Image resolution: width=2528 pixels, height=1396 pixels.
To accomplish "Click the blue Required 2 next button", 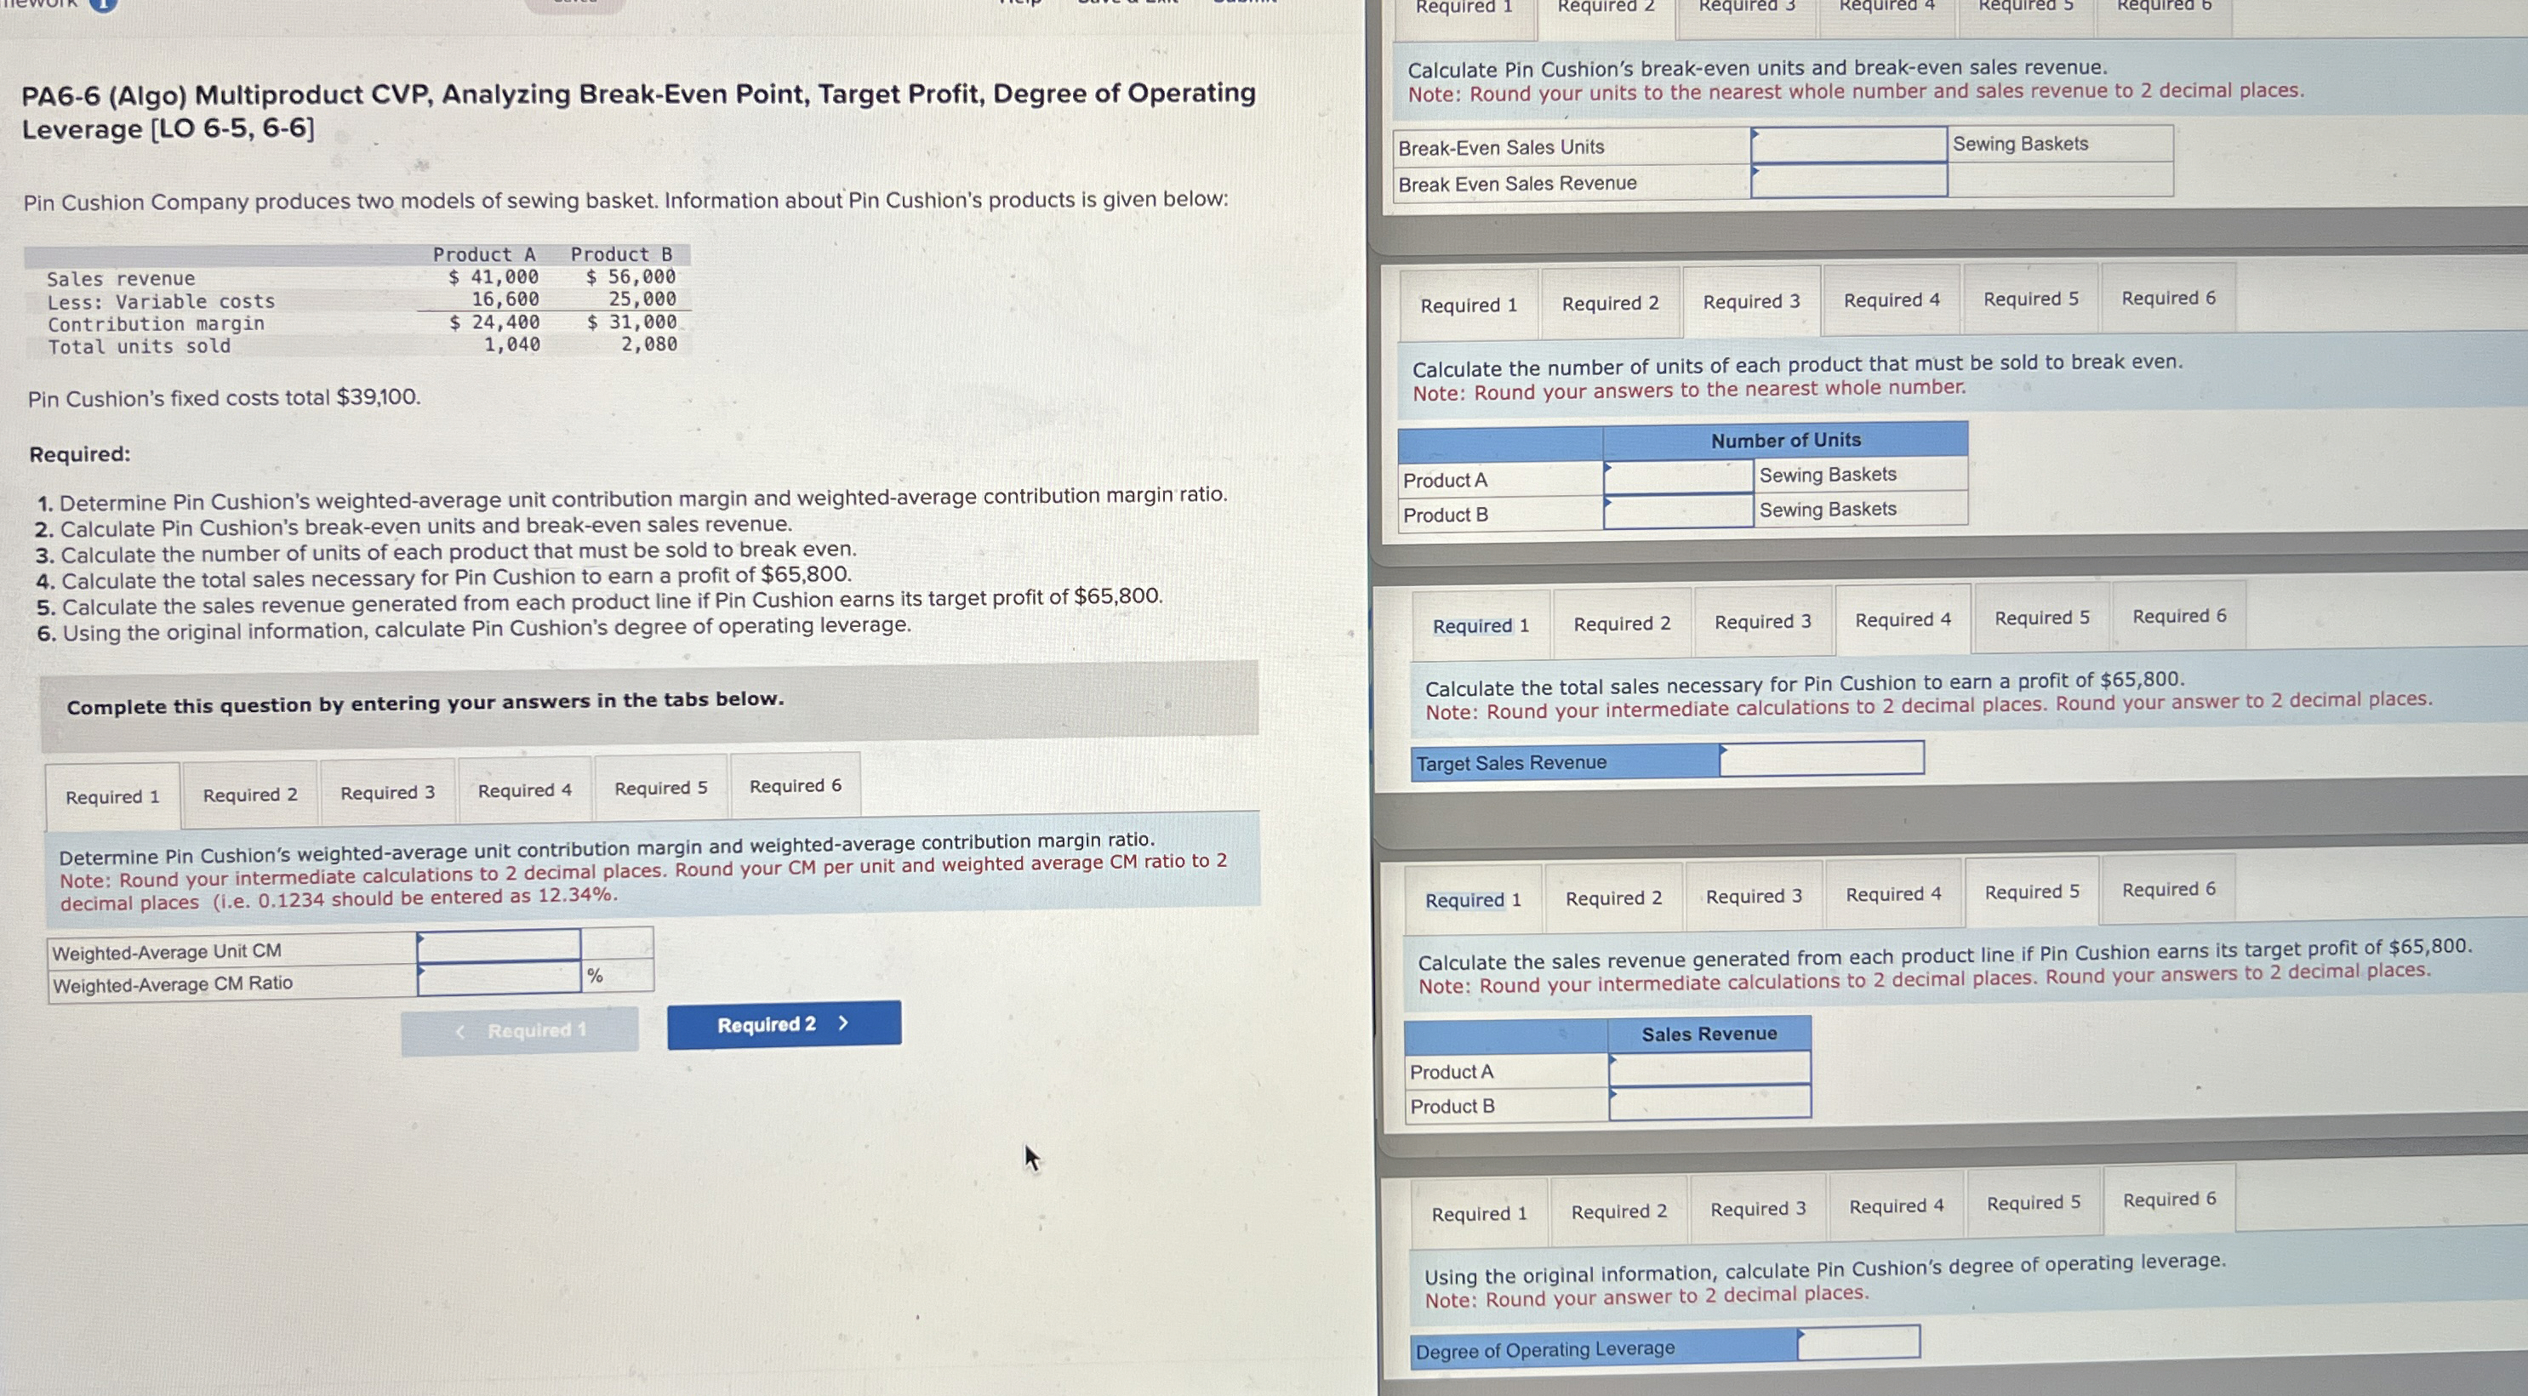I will (783, 1024).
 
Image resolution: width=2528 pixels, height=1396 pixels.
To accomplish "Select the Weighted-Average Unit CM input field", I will (499, 946).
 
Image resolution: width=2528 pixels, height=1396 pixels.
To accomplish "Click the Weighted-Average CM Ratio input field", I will (499, 978).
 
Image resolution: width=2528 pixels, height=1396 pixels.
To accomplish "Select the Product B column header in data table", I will (621, 254).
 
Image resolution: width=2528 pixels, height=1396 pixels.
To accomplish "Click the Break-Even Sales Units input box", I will (1848, 145).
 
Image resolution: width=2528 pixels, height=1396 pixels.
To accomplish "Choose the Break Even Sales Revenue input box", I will (1848, 180).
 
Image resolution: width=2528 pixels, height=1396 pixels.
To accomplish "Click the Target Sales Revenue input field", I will (1822, 758).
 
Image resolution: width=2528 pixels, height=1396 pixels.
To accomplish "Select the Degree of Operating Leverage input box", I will (1857, 1342).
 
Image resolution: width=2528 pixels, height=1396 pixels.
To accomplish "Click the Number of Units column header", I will (1785, 441).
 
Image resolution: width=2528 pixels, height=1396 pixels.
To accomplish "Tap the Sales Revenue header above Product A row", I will (1709, 1034).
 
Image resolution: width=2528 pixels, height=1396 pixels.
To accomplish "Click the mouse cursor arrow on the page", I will (1030, 1158).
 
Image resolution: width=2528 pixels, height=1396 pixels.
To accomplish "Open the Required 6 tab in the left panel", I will (795, 786).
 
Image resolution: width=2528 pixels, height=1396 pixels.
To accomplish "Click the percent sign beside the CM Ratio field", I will (595, 975).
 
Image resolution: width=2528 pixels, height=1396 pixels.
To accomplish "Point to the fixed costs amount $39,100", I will (378, 397).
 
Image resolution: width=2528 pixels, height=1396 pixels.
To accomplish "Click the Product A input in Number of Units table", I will (1678, 476).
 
